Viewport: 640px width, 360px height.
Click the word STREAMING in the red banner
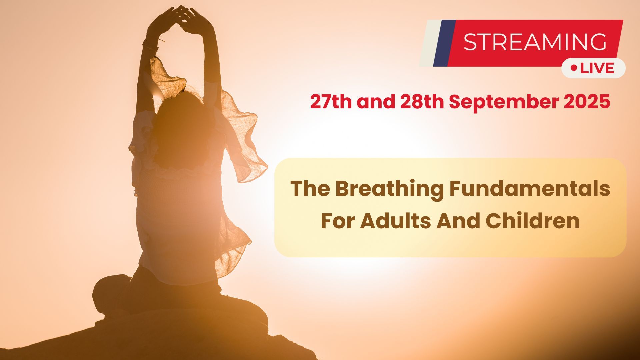(535, 42)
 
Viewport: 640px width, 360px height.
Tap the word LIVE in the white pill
(597, 68)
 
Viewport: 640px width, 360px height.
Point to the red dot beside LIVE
(574, 68)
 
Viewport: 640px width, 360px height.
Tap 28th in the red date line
(422, 102)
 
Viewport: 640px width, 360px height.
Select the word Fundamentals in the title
(530, 189)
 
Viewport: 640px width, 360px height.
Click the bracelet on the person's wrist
(151, 46)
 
